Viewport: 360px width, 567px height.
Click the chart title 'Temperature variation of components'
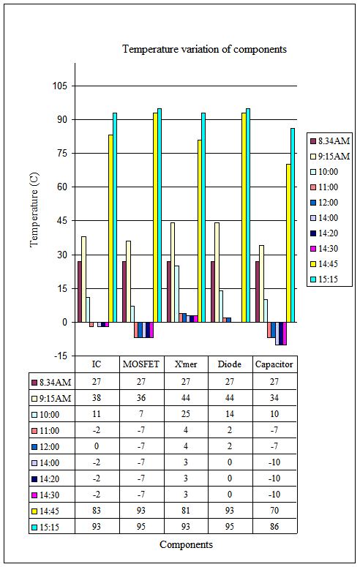(x=204, y=49)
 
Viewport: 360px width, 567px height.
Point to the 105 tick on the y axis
(x=60, y=86)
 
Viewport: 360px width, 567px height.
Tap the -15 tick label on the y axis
(x=60, y=356)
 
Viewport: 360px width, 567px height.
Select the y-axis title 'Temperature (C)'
(x=34, y=210)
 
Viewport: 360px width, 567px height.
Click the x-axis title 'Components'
(x=186, y=544)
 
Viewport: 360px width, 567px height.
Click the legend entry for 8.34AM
(x=330, y=140)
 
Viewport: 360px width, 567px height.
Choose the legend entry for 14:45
(x=324, y=264)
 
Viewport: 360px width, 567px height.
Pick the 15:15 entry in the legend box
(x=324, y=279)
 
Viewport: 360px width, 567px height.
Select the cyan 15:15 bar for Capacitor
(x=293, y=225)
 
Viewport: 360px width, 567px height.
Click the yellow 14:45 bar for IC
(x=110, y=228)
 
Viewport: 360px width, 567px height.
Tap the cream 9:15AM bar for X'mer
(x=173, y=272)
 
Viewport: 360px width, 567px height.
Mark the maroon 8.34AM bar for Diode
(x=213, y=292)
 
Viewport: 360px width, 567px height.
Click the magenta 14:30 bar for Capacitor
(x=285, y=334)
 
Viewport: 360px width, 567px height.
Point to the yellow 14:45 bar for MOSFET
(x=155, y=217)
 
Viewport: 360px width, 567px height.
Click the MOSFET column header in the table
(x=141, y=364)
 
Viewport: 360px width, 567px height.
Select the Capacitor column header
(x=274, y=364)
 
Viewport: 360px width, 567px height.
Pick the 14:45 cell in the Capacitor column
(x=274, y=511)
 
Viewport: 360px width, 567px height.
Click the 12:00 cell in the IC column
(x=97, y=446)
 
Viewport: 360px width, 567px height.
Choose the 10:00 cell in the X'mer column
(x=186, y=414)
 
